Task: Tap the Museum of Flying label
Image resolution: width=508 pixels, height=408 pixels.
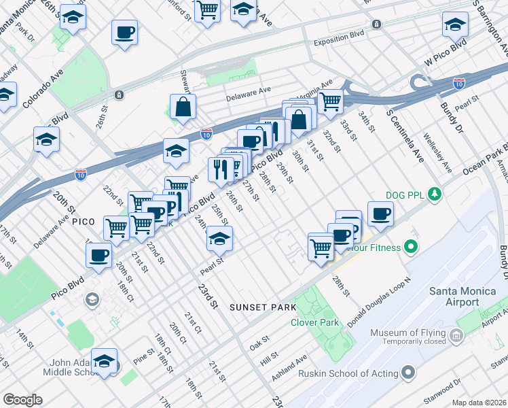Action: coord(407,333)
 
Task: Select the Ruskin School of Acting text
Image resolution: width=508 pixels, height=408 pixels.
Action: coord(360,373)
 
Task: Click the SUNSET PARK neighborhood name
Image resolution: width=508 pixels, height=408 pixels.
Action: coord(259,307)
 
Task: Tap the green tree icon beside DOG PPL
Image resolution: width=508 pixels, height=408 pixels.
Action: coord(435,195)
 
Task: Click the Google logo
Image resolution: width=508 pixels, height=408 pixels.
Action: coord(22,400)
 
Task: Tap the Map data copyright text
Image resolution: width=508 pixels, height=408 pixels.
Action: coord(479,403)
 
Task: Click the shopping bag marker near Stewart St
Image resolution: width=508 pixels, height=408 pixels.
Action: coord(183,107)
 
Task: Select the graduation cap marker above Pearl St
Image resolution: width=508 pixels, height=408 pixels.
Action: coord(220,239)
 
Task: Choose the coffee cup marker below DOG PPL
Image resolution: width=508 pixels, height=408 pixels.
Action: coord(380,214)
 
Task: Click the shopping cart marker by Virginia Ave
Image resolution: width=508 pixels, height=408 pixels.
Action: coord(330,101)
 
